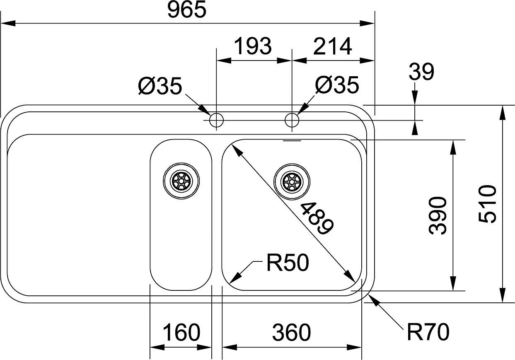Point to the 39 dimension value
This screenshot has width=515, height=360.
[421, 72]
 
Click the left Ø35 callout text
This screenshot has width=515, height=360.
[160, 86]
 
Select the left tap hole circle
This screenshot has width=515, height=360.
[216, 121]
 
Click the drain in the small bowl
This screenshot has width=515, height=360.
[181, 181]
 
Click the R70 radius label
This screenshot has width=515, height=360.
[428, 332]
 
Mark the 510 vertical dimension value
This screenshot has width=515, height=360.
[487, 204]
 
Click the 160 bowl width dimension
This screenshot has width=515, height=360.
[181, 333]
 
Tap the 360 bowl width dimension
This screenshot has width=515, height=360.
[291, 333]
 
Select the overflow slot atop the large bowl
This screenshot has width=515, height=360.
[292, 141]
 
